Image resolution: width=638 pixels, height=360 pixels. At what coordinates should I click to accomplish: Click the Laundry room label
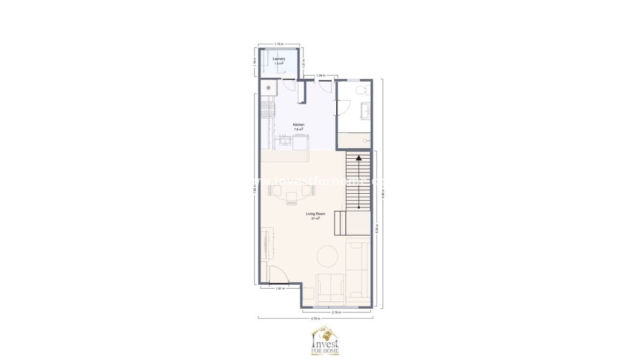pos(279,59)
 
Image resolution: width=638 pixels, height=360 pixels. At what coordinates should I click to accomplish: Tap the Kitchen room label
pos(298,125)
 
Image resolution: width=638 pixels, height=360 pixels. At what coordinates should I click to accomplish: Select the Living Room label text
pos(316,214)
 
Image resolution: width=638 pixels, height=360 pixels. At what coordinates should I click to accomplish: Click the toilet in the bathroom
pos(361,91)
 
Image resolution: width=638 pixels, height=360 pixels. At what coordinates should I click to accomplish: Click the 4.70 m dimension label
pos(315,317)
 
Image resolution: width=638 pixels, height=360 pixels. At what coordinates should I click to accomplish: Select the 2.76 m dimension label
pos(336,312)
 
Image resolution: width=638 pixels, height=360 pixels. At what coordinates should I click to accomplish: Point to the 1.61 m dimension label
pos(280,288)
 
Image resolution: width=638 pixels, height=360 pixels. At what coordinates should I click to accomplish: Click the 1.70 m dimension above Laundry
pos(278,44)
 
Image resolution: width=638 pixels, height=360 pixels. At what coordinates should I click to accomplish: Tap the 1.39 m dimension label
pos(321,75)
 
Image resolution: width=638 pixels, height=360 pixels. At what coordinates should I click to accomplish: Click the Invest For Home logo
pos(325,340)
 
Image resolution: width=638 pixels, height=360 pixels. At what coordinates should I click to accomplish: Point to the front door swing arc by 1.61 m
pos(275,275)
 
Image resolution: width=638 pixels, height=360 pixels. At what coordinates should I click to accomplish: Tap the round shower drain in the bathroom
pos(364,140)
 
